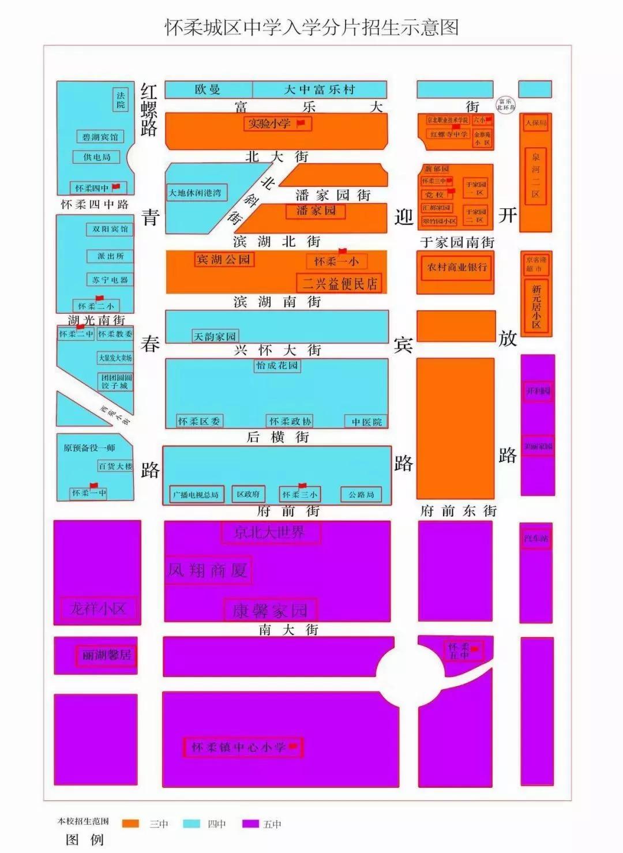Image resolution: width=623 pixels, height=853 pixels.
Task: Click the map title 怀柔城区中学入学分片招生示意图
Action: (311, 27)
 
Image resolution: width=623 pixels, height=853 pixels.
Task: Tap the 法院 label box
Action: (121, 100)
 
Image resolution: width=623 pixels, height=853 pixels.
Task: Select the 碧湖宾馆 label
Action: (100, 137)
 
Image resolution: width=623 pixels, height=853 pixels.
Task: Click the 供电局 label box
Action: (96, 157)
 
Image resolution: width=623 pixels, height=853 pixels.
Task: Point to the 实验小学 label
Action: (270, 123)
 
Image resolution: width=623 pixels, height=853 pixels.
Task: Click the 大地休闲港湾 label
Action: (195, 193)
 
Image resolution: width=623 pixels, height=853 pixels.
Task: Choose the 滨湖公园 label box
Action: (224, 260)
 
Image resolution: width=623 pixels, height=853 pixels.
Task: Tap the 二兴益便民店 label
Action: (340, 283)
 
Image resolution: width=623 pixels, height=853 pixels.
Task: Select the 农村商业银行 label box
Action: (457, 268)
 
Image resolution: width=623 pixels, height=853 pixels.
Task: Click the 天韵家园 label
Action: (215, 336)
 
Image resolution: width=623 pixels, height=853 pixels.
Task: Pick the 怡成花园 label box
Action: (277, 366)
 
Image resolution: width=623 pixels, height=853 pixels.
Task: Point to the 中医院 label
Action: (367, 422)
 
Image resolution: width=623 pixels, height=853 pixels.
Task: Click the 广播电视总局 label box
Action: (196, 495)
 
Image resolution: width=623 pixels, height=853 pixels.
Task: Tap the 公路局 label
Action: (361, 495)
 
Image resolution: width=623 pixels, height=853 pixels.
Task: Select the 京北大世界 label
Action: (270, 532)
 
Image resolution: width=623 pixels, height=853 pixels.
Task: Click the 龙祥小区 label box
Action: (98, 608)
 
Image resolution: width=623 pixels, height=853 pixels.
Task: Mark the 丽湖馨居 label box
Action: (107, 655)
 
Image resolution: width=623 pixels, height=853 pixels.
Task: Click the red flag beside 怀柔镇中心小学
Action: (293, 747)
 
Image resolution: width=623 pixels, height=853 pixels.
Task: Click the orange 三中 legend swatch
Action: (131, 824)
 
